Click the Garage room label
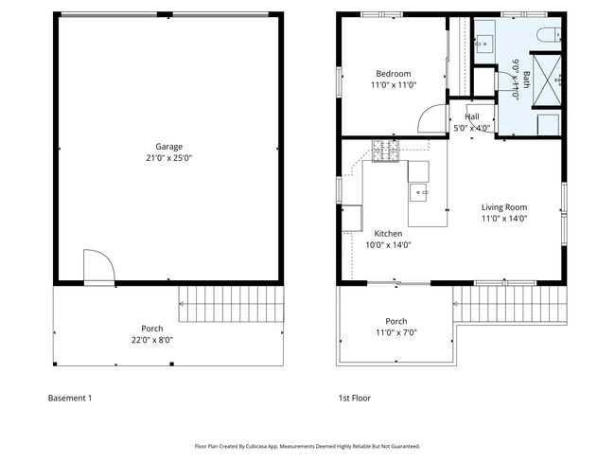coord(169,147)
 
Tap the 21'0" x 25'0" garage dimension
coord(169,158)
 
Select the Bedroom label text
coord(394,74)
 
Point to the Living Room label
coord(504,207)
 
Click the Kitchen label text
coord(388,234)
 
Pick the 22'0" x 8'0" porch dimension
coord(152,340)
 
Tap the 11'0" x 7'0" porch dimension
coord(396,333)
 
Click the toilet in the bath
coord(549,35)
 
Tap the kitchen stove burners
coord(385,151)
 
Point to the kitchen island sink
coord(418,192)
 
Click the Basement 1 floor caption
coord(70,398)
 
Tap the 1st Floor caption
coord(355,398)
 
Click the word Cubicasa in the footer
coord(257,446)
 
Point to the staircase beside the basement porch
coord(232,304)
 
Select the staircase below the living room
coord(510,305)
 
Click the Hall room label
coord(472,117)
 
